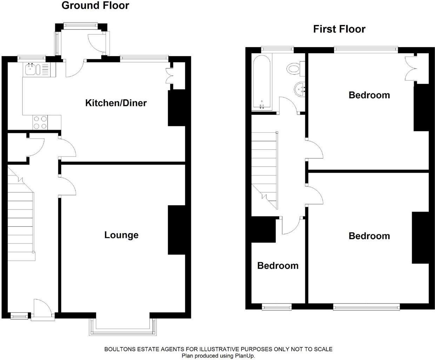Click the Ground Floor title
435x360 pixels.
[x=95, y=6]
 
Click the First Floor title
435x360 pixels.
[x=339, y=29]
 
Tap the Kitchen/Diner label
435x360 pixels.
[x=116, y=103]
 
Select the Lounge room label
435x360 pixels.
[x=121, y=235]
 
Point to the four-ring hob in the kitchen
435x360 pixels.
[x=40, y=122]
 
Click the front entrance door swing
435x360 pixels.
[x=42, y=307]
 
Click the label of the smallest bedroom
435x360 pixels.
[x=278, y=266]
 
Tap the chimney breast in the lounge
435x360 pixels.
[x=176, y=230]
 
